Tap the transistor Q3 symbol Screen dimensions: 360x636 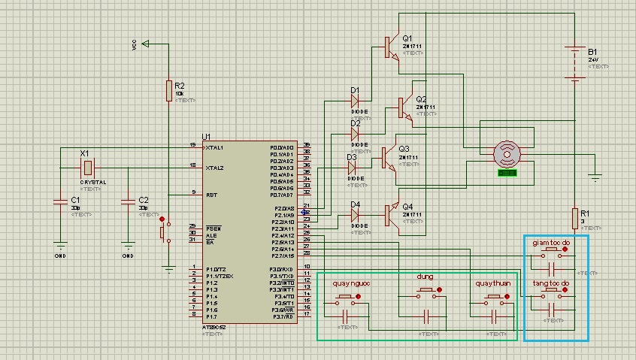pyautogui.click(x=387, y=157)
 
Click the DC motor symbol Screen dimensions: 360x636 pyautogui.click(x=507, y=153)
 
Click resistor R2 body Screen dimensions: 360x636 pyautogui.click(x=169, y=91)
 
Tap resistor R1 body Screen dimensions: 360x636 pyautogui.click(x=574, y=217)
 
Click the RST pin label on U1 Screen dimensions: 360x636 pyautogui.click(x=213, y=195)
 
